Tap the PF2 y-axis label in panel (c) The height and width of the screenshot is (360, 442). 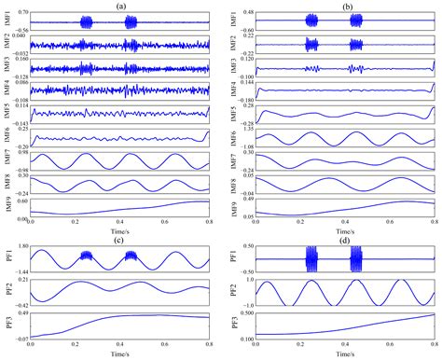pos(7,291)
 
